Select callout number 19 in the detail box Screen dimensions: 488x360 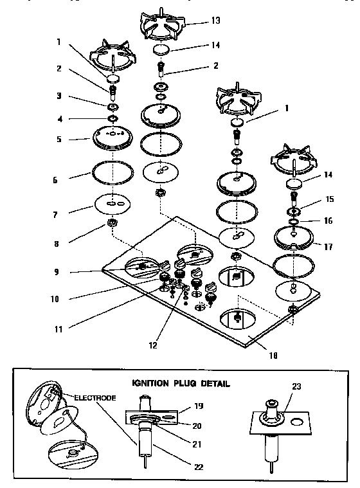pos(199,406)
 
